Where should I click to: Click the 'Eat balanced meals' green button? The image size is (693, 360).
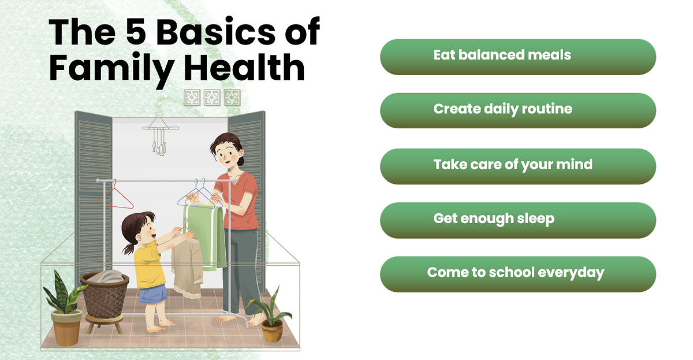click(518, 57)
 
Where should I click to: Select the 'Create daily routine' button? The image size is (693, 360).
click(518, 110)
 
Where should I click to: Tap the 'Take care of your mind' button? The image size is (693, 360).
click(518, 166)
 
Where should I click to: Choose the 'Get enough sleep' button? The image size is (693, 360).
click(518, 220)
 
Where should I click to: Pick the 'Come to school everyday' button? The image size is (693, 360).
click(518, 274)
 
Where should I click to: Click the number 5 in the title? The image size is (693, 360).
click(136, 32)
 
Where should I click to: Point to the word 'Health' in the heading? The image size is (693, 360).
click(244, 67)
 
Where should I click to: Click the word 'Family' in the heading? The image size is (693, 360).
click(111, 70)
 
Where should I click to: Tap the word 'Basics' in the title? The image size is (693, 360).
click(215, 32)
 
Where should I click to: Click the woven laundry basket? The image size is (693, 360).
click(105, 296)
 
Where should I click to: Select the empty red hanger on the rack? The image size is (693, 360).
click(115, 196)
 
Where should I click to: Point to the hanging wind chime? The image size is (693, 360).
click(160, 136)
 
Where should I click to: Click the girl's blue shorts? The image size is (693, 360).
click(153, 294)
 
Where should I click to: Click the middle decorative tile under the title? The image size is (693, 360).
click(212, 98)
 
